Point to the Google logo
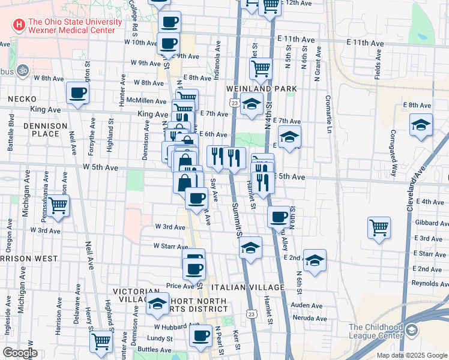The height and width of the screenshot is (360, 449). point(20,353)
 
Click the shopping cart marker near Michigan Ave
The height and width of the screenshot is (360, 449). point(58,205)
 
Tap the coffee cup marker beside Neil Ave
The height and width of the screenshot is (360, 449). point(78,92)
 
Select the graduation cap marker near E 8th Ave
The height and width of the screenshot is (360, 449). point(421,125)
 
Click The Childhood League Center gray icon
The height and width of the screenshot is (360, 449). point(412,330)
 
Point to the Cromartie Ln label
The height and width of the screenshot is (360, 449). point(329,114)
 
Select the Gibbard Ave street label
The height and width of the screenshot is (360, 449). point(429,223)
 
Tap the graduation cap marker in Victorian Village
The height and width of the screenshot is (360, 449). point(158,304)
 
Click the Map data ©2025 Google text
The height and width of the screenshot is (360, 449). point(411,355)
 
